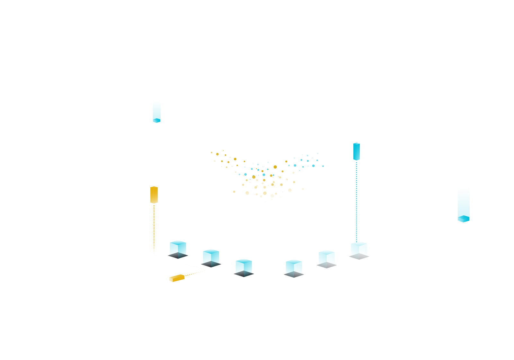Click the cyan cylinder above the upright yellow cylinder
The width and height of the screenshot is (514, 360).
(x=156, y=111)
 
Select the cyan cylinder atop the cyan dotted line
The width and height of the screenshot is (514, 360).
(x=356, y=151)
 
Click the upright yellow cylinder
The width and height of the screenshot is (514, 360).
(x=154, y=195)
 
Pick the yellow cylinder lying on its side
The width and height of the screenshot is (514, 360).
(x=177, y=278)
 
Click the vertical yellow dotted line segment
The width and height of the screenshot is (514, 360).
(x=154, y=230)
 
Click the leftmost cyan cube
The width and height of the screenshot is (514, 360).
(x=178, y=248)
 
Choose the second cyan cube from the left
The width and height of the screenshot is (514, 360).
(x=211, y=256)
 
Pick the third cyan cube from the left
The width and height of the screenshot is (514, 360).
(x=244, y=266)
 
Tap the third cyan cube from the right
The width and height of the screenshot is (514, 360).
(x=294, y=266)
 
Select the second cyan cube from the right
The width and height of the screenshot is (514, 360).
(x=327, y=257)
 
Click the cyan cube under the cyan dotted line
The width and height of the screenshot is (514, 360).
(x=359, y=248)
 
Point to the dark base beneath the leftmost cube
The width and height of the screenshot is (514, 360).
(x=178, y=256)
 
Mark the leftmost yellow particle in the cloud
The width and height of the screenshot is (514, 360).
(x=211, y=152)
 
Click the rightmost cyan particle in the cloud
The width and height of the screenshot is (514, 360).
(x=323, y=166)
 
